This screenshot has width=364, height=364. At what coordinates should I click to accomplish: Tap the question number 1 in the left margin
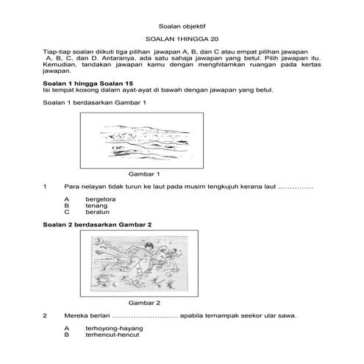[x=46, y=187]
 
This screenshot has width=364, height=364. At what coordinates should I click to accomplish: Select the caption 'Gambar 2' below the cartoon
[x=144, y=303]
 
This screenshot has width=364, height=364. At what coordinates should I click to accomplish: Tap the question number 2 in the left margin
[x=46, y=316]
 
